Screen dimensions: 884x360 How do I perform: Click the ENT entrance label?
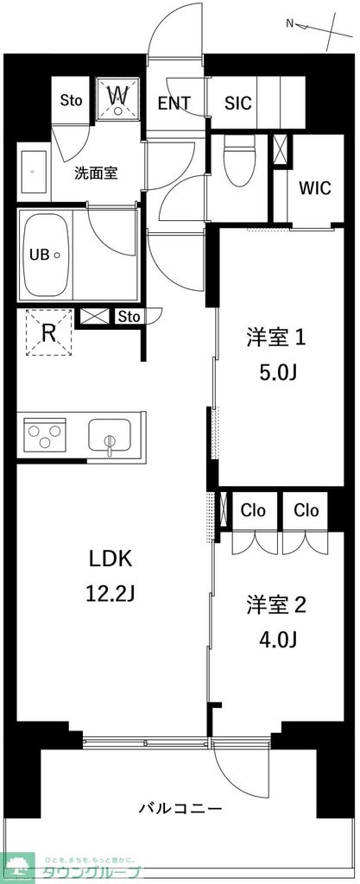[x=174, y=103]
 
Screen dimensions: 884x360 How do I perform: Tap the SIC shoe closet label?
[x=238, y=103]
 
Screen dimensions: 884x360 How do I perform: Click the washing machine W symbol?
[x=119, y=98]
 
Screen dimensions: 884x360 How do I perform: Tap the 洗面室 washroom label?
[x=95, y=172]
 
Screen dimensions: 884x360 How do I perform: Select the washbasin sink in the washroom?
[x=33, y=173]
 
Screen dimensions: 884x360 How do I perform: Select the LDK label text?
[x=111, y=559]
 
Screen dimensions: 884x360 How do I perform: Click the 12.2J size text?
[x=111, y=594]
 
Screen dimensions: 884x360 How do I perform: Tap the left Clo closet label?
[x=253, y=510]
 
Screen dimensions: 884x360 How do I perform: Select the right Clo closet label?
[x=306, y=510]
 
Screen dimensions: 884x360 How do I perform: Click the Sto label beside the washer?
[x=71, y=100]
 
